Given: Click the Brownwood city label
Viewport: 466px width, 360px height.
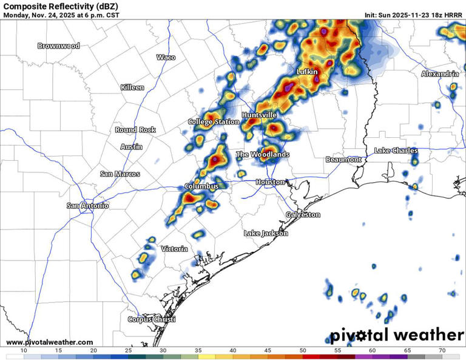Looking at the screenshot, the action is pos(59,46).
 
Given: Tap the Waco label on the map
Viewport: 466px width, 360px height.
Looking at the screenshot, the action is pos(166,57).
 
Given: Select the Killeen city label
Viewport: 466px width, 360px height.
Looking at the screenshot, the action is pos(132,87).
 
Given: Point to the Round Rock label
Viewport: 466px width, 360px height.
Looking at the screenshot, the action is pos(135,130).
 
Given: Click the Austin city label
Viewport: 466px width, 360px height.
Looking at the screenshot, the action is pos(132,147).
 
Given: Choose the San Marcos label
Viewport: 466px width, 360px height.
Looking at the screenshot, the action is pos(120,174).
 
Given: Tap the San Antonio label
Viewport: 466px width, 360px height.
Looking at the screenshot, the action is pos(88,206).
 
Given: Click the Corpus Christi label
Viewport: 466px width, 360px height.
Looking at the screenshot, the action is pos(151,319).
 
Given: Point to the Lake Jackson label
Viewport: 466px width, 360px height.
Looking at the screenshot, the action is pos(266,233).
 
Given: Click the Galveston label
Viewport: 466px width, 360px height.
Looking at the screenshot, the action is pos(303,215).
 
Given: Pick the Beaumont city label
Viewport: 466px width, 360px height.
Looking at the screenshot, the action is pos(343,159).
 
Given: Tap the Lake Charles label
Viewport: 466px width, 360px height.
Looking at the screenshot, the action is pos(396,151).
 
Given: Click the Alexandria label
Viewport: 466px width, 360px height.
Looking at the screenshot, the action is pos(440,73).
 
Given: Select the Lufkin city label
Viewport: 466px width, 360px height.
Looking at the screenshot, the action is pos(307,72).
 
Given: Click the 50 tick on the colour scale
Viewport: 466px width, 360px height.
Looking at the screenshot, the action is pos(302,351).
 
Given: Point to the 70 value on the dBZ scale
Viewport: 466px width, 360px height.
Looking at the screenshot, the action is pos(442,351).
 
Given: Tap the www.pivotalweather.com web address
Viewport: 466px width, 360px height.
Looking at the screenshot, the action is pos(50,342).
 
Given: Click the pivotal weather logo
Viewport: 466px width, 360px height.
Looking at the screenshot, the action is pos(397,335).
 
